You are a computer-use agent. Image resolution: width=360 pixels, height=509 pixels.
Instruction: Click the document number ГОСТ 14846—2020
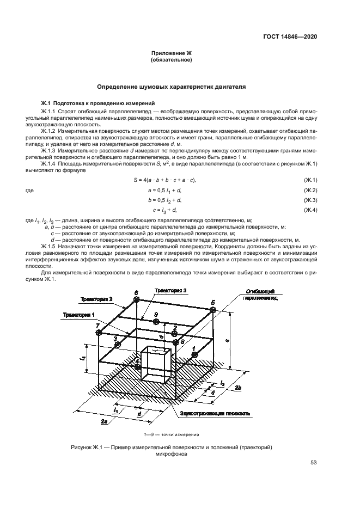point(289,37)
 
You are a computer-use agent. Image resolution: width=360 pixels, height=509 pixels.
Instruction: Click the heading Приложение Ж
point(171,53)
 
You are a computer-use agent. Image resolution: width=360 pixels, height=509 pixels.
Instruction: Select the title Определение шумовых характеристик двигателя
point(171,86)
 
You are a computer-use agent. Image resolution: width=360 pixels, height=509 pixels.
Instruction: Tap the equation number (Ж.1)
point(310,180)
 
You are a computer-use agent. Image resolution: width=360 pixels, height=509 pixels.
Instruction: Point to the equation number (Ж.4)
point(310,210)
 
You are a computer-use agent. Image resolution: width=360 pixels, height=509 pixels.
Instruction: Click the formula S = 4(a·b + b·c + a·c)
point(164,180)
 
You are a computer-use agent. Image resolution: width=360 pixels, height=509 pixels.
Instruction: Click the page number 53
point(314,463)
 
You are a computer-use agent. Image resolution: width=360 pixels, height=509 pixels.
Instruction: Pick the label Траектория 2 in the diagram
point(97,299)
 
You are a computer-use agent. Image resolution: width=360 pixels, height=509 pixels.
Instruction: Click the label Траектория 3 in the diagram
point(170,291)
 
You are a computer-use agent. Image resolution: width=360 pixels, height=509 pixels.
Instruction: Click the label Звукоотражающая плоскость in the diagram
point(215,414)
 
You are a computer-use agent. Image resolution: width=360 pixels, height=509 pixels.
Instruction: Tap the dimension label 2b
point(239,387)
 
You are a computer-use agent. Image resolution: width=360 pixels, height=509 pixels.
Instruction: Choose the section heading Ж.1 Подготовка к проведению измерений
point(98,103)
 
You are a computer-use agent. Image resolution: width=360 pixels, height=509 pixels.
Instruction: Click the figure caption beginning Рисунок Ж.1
point(171,451)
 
